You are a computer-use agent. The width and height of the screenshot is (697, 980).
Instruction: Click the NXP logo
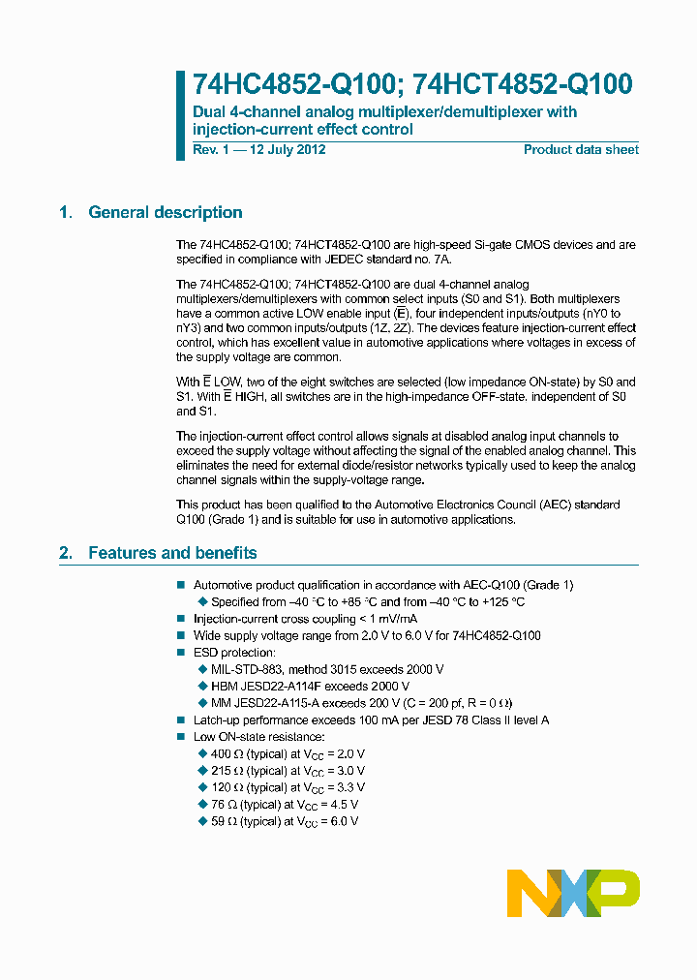click(573, 893)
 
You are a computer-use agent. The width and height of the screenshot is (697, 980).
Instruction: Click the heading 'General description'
click(165, 213)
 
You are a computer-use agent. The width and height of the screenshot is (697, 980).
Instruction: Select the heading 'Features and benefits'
click(172, 553)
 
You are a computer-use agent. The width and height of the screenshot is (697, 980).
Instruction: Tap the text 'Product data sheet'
click(581, 150)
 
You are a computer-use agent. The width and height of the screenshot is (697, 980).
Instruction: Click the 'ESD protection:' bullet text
click(234, 653)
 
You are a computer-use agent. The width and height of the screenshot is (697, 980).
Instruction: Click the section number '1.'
click(66, 213)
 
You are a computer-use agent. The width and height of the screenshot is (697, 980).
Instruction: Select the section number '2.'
click(66, 553)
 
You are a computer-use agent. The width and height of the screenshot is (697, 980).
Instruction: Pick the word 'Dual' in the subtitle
click(209, 112)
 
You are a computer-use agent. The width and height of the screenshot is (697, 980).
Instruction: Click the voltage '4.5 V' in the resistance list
click(343, 805)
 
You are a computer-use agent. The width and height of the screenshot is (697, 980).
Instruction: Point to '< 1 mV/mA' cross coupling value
click(386, 619)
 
